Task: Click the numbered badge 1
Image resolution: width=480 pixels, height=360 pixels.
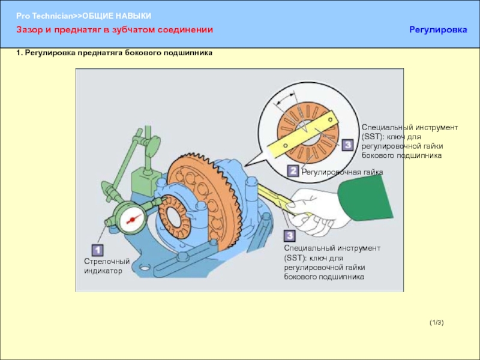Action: (x=97, y=250)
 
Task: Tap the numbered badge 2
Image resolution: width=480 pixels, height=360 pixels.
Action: (x=293, y=171)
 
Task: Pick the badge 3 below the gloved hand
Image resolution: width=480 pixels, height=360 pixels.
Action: (x=289, y=236)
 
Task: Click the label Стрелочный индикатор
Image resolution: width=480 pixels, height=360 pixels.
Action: (x=106, y=266)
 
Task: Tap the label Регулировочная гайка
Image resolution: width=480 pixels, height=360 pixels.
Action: (x=341, y=172)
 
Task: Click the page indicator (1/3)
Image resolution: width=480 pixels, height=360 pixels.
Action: (x=436, y=323)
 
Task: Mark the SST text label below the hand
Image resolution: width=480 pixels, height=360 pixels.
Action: (x=332, y=262)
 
